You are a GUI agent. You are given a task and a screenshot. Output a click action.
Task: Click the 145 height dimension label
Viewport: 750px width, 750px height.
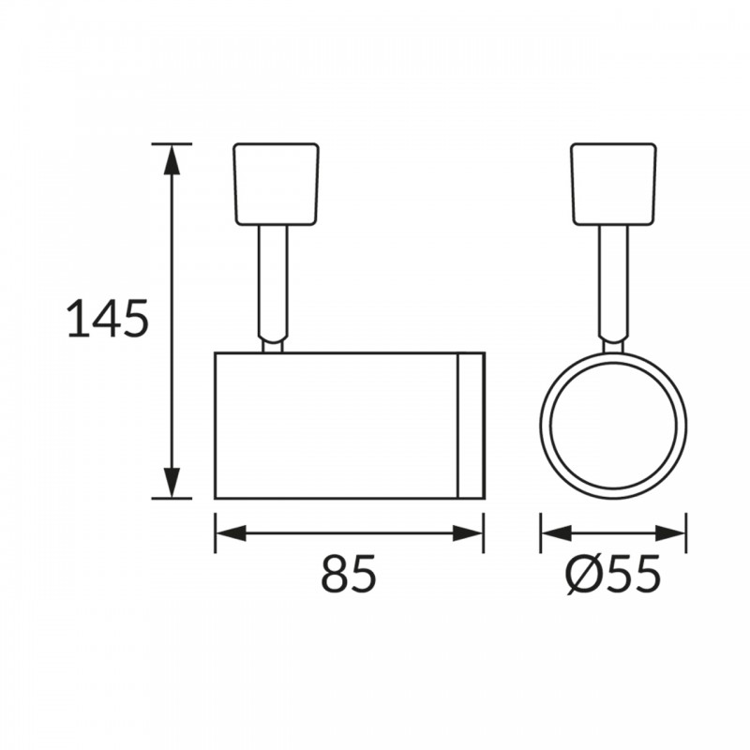tap(108, 319)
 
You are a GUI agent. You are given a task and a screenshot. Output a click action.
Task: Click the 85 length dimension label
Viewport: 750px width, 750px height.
tap(349, 573)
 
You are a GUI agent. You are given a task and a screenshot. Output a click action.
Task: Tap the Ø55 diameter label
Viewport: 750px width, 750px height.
tap(613, 573)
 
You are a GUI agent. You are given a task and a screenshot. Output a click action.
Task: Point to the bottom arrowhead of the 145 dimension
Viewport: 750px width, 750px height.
tap(172, 482)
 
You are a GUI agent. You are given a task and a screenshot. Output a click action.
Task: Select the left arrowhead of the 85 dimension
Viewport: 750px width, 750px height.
tap(231, 533)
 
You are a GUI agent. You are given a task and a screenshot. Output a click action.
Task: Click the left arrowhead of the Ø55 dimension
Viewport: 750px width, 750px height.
tap(556, 533)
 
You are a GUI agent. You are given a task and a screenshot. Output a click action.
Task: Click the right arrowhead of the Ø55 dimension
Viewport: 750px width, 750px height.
tap(670, 533)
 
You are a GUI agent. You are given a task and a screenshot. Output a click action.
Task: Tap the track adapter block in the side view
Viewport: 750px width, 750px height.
tap(276, 184)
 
